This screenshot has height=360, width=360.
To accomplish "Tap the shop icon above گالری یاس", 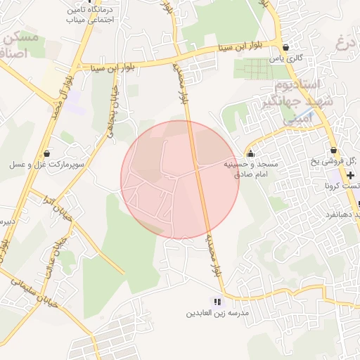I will click(x=284, y=47).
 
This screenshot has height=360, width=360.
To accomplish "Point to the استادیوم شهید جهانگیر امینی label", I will click(x=289, y=103).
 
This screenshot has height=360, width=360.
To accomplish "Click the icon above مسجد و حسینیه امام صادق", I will click(x=250, y=154).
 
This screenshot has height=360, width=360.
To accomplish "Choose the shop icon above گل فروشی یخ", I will click(x=333, y=150).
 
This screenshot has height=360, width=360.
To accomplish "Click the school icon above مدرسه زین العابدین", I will click(x=217, y=301).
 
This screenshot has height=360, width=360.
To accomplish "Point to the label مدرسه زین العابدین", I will click(x=217, y=312).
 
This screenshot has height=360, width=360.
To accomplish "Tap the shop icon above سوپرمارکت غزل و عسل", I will click(x=46, y=153).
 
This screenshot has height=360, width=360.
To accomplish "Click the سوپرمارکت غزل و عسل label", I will click(x=46, y=165).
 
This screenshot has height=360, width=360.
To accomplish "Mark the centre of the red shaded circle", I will click(x=180, y=180).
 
